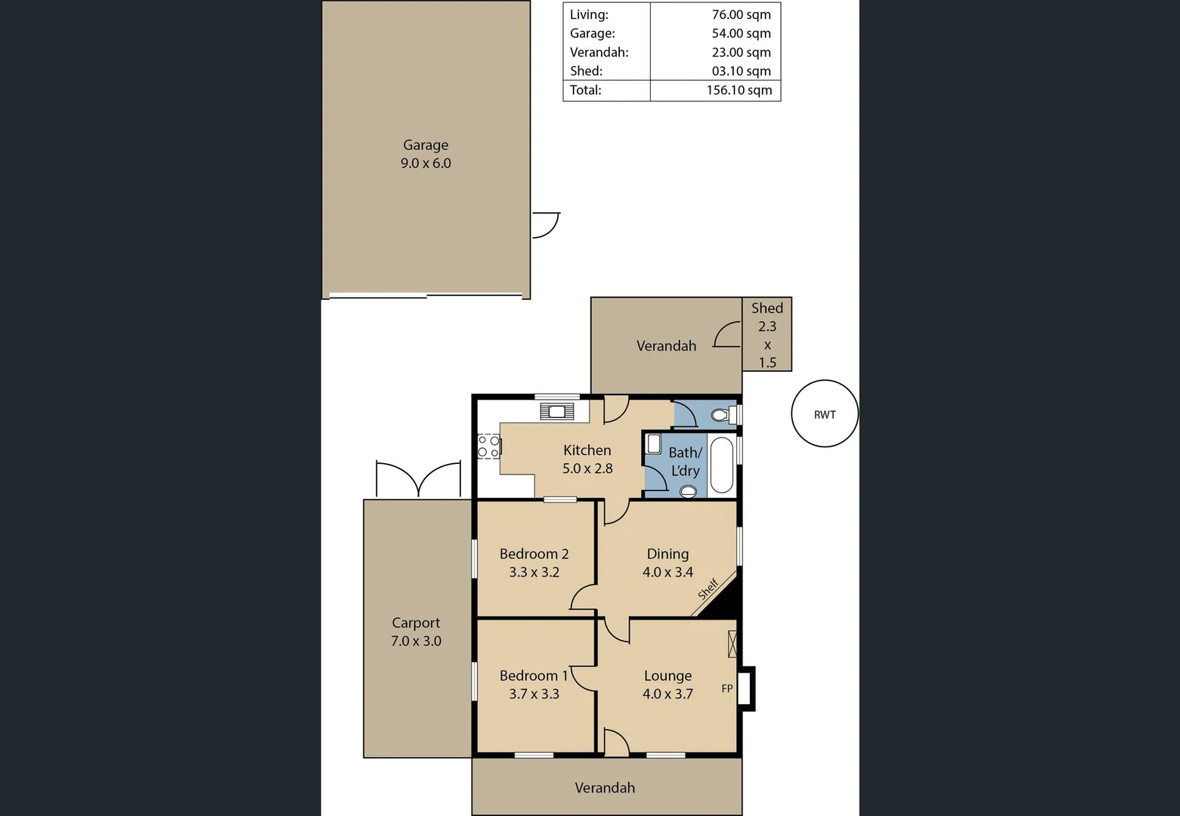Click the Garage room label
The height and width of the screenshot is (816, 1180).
pos(426,145)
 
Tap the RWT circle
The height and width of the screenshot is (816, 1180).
pos(825,414)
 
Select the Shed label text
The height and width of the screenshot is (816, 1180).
pos(767,308)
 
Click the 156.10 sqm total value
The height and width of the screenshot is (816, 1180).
pos(739,90)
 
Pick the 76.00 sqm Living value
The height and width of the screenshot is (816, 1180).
pos(741,14)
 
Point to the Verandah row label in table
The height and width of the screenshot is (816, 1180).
pos(599,52)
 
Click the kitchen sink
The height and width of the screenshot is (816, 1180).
pos(557,412)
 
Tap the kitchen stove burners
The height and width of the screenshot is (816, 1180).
pos(488,447)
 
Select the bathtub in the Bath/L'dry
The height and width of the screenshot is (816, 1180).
pos(722,465)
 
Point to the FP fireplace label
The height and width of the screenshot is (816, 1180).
pos(727,688)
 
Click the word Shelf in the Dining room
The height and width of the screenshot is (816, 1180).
pos(708,589)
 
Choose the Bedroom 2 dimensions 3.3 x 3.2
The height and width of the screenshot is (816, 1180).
pos(534,573)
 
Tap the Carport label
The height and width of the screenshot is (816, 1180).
pos(416,623)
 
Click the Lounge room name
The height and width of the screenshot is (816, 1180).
pos(667,675)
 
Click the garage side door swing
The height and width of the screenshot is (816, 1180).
pos(545,225)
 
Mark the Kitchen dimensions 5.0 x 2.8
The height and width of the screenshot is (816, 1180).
pos(587,468)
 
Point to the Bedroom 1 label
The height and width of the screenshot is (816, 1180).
pos(534,675)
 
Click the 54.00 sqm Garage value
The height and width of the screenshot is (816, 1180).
pos(741,33)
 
